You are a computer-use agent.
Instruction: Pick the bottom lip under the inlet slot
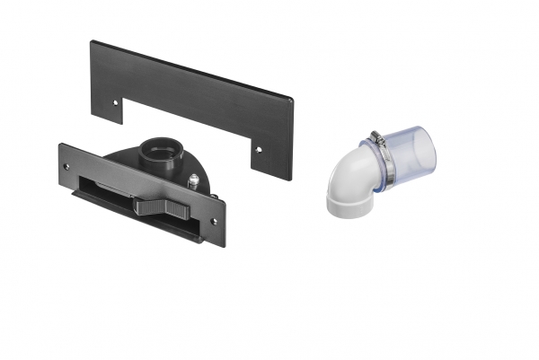tap(135, 220)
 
